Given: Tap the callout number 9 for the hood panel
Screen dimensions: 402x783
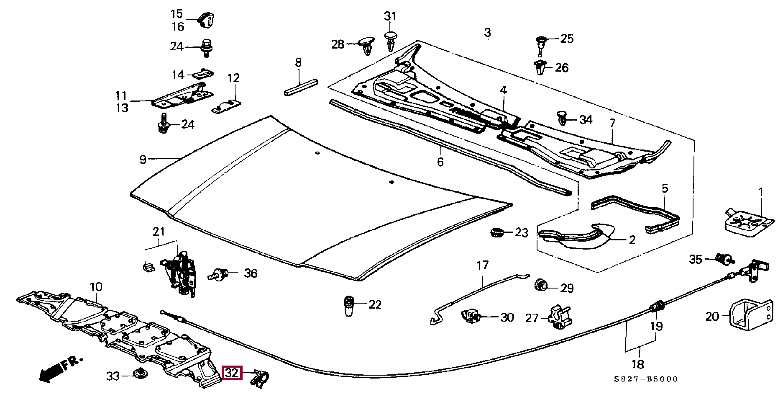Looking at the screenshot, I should click(143, 160).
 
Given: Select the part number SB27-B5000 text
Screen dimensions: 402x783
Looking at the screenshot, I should click(646, 379).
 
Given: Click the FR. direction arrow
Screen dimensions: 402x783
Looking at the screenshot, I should click(59, 369).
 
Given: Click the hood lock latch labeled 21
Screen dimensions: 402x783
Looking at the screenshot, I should click(180, 272).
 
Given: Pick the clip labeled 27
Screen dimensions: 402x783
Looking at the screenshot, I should click(560, 317).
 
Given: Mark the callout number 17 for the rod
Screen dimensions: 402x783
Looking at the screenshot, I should click(482, 265).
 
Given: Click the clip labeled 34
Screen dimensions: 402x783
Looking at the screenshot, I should click(564, 119).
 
